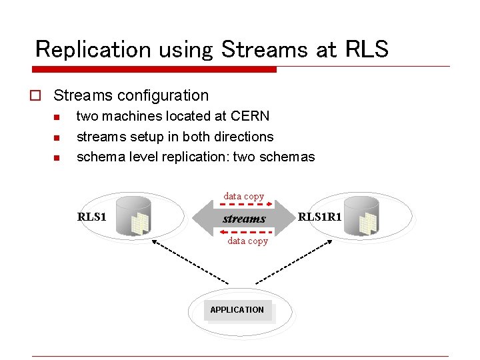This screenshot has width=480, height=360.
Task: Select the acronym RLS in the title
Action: tap(365, 49)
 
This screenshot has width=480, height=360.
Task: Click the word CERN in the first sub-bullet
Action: tap(249, 116)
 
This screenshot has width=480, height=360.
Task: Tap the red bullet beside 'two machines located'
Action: tap(57, 117)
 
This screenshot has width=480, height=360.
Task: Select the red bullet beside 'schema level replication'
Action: tap(57, 158)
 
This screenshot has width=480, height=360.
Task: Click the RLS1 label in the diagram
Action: tap(91, 216)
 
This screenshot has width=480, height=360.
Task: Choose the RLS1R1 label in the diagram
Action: tap(320, 216)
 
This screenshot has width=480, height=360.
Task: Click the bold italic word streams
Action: tap(244, 219)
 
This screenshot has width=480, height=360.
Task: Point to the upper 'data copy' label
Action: tap(243, 196)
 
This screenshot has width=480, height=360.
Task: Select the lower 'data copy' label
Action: tap(247, 241)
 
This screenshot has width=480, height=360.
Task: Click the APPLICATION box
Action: tap(237, 310)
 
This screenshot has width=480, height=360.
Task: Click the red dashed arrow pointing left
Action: tap(244, 231)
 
